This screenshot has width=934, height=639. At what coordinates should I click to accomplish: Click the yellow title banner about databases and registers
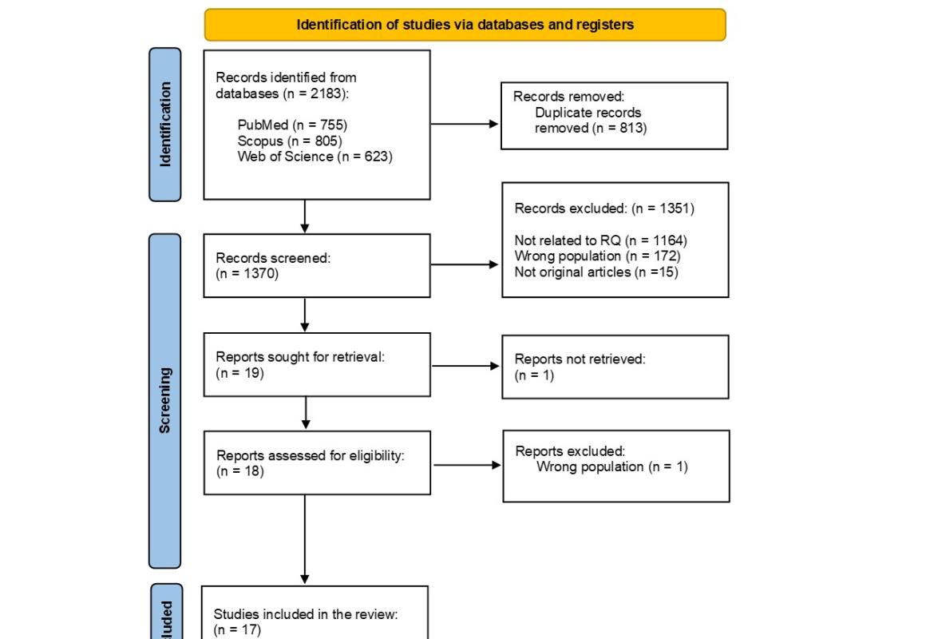[x=465, y=25]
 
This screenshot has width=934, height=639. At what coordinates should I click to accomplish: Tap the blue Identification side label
[x=165, y=124]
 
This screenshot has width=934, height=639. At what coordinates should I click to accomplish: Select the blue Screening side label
[x=165, y=400]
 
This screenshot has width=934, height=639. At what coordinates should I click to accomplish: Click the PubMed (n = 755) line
[x=292, y=125]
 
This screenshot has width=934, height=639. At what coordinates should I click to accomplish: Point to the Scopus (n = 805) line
[x=290, y=141]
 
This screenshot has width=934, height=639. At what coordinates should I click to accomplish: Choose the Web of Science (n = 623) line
[x=315, y=157]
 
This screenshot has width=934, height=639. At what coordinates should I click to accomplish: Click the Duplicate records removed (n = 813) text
[x=590, y=121]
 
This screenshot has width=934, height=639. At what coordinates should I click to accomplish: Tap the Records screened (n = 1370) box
[x=317, y=265]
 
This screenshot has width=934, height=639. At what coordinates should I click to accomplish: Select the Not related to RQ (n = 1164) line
[x=600, y=240]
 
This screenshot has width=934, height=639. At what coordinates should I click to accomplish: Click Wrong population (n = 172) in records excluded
[x=597, y=256]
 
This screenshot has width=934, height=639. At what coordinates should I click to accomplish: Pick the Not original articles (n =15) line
[x=596, y=272]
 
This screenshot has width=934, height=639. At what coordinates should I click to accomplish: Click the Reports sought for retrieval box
[x=317, y=365]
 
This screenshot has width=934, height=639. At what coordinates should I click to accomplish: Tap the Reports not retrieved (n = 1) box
[x=615, y=367]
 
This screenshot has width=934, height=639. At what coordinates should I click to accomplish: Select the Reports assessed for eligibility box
[x=317, y=463]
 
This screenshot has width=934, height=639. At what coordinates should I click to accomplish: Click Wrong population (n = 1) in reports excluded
[x=611, y=466]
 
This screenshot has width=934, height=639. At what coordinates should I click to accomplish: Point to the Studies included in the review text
[x=305, y=614]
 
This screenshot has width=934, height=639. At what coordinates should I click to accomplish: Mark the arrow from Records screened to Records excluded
[x=465, y=264]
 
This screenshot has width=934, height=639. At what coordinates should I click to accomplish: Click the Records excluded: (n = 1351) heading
[x=604, y=208]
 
